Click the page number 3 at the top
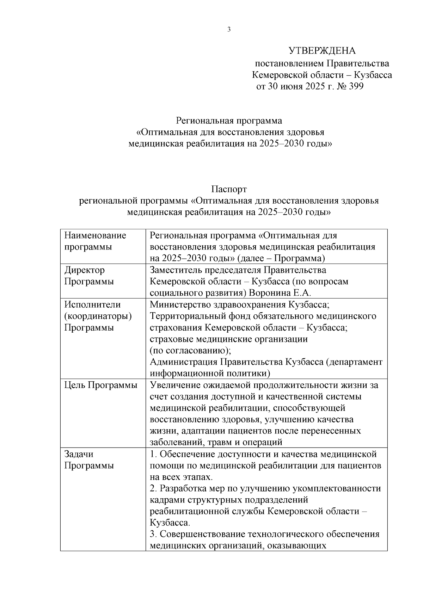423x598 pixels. click(229, 30)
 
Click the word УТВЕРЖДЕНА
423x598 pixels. click(322, 51)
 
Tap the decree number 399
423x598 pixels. click(355, 87)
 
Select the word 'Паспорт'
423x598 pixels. click(229, 189)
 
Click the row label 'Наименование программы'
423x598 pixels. click(95, 241)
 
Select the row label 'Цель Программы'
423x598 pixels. click(101, 385)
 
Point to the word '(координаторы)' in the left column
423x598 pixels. click(98, 316)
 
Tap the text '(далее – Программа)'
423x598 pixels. click(281, 258)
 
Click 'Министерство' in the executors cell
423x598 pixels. click(181, 304)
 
